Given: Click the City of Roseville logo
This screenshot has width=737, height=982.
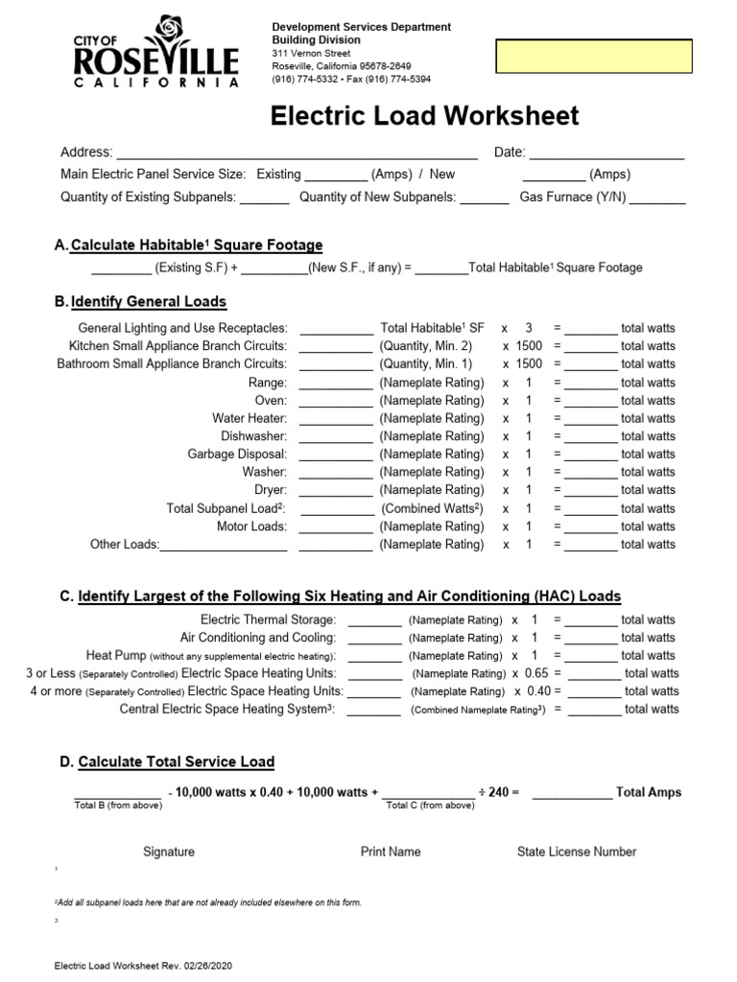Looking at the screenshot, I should (x=155, y=54).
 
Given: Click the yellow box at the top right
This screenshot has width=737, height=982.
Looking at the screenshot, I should (x=593, y=57).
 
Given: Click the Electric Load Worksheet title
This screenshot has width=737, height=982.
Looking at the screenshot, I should (x=424, y=117).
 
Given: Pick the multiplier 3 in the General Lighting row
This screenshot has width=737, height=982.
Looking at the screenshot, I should (x=529, y=328).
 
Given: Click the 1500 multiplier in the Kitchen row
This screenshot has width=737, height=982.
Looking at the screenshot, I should (x=529, y=346).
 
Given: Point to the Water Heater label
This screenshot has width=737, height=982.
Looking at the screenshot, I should (x=250, y=418).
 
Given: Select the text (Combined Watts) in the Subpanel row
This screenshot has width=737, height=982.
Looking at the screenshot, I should (x=432, y=508).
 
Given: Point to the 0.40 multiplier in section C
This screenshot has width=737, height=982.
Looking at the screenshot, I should (x=538, y=691).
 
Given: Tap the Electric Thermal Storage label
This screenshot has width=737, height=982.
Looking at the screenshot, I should (x=268, y=620).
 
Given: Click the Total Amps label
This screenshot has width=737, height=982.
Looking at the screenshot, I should (x=649, y=792).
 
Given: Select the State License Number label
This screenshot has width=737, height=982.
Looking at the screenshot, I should (x=576, y=852).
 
